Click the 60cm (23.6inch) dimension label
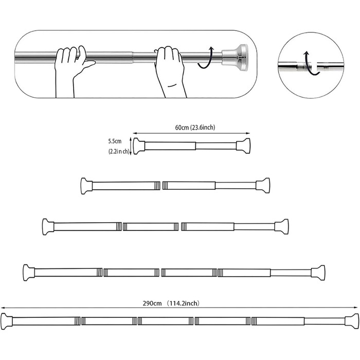[195, 127]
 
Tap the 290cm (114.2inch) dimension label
[171, 303]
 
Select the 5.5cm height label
[115, 141]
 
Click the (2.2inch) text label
[119, 152]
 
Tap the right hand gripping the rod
[170, 69]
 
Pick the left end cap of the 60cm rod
[139, 146]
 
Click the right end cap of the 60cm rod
[243, 146]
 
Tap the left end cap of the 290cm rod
[6, 321]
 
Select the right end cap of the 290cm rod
[352, 321]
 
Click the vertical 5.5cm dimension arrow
[131, 146]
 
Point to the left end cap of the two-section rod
[86, 186]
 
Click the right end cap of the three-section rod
[282, 227]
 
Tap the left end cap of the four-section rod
[29, 273]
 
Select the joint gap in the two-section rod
[161, 186]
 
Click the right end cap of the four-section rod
[318, 273]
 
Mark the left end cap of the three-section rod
[48, 227]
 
